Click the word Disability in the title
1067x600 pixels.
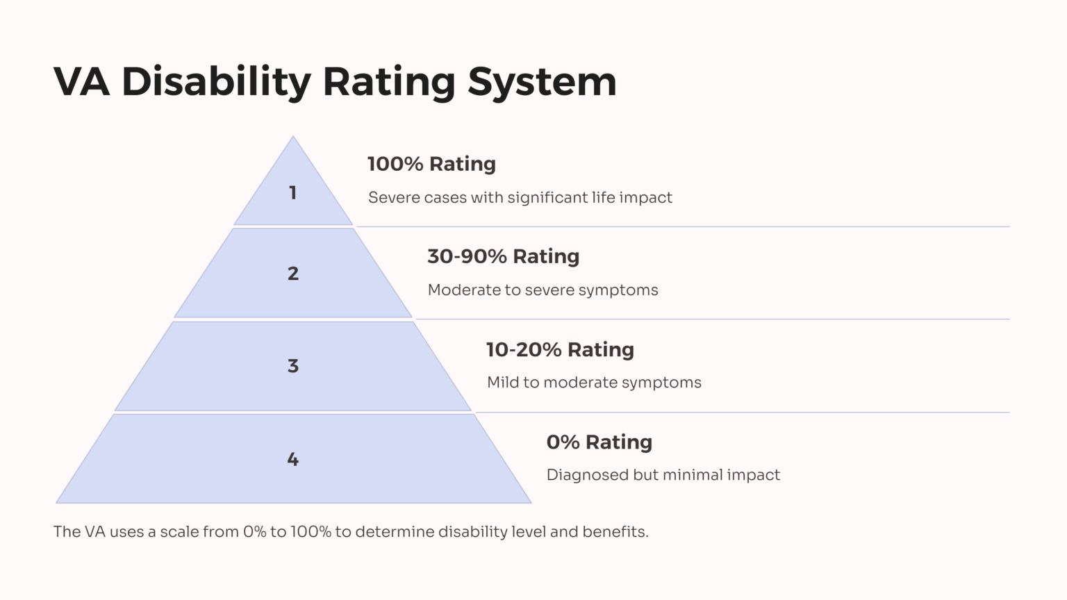click(x=216, y=82)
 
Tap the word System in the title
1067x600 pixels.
click(x=541, y=82)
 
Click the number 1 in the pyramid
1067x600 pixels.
click(x=292, y=192)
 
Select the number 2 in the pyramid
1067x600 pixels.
click(x=293, y=274)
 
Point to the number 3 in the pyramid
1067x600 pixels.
click(x=293, y=366)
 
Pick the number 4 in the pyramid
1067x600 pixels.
click(x=293, y=459)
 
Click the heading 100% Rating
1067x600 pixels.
click(x=431, y=164)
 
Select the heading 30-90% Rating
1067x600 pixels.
click(x=503, y=256)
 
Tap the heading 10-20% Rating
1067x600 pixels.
click(x=560, y=349)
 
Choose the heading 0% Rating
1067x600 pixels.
click(x=599, y=442)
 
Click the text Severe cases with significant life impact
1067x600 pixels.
click(x=520, y=198)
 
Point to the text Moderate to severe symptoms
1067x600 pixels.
click(x=543, y=290)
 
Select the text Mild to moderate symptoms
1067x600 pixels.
click(x=594, y=383)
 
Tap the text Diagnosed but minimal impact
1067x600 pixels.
click(x=663, y=475)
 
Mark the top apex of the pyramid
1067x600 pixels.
click(x=293, y=138)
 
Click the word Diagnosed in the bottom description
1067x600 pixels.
click(x=587, y=475)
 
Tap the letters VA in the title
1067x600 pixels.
click(x=82, y=82)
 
